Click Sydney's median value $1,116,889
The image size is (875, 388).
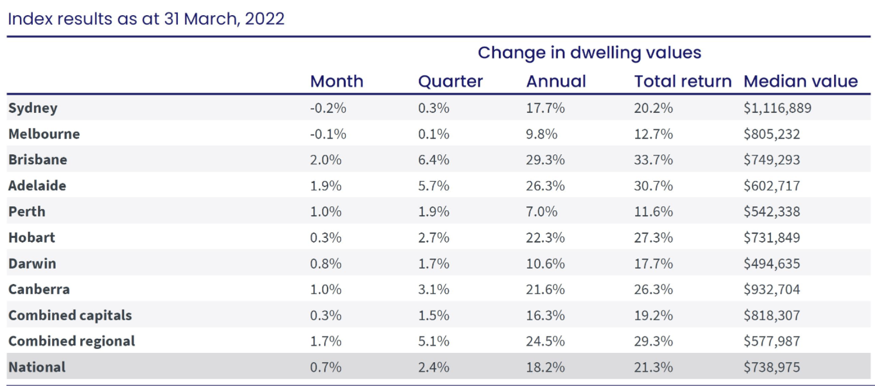pos(777,108)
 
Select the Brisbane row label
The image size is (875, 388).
pos(37,160)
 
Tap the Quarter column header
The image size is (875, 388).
pos(450,81)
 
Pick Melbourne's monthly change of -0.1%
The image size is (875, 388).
pos(328,134)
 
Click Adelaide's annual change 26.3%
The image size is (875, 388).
pos(545,186)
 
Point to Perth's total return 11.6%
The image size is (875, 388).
pos(653,212)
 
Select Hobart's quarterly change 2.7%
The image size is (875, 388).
pos(433,237)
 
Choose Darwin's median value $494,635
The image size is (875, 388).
pos(771,264)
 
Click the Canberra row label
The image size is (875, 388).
pos(39,289)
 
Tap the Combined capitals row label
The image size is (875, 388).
pos(70,315)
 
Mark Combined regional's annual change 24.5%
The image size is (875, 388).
pos(545,341)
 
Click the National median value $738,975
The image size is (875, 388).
pos(771,367)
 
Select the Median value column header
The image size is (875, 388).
pos(800,81)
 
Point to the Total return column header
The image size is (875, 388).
pos(683,81)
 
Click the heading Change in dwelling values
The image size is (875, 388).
pos(589,53)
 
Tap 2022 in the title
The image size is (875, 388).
pos(264,19)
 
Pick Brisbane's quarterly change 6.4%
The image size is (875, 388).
pos(433,160)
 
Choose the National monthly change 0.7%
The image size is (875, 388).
pos(325,367)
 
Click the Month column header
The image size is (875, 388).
pos(336,81)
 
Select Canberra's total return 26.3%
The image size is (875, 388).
pos(653,289)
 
